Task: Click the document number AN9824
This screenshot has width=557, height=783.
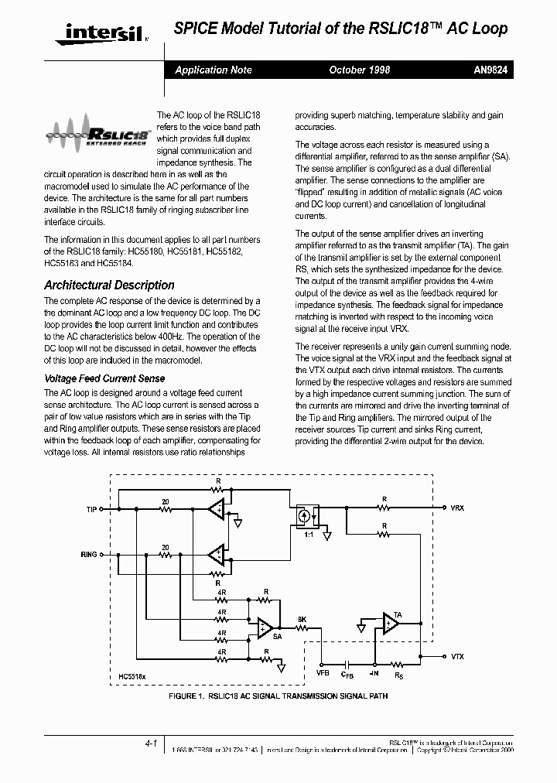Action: point(489,70)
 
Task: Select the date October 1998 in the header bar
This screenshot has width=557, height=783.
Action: point(359,70)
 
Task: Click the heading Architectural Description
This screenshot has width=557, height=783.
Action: point(109,285)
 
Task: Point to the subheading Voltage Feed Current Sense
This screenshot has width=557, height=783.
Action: point(104,378)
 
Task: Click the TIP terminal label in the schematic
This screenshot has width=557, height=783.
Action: point(91,510)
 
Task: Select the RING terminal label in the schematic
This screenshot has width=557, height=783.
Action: point(89,555)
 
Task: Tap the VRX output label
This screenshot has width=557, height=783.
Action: point(457,508)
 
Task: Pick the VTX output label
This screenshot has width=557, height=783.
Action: point(457,656)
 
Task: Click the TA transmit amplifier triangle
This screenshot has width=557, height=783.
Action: point(391,624)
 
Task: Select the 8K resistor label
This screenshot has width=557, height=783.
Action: point(302,619)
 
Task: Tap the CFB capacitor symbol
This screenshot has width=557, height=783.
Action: point(347,663)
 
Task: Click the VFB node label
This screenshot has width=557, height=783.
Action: point(323,675)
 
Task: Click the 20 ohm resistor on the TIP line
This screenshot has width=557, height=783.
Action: point(165,509)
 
